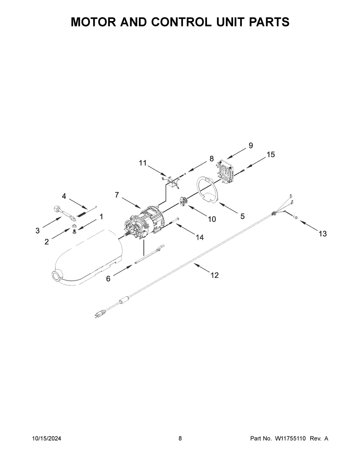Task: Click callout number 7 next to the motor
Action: pos(117,195)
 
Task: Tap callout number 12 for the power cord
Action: pos(214,275)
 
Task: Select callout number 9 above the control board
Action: pos(250,146)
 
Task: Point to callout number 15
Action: pos(271,155)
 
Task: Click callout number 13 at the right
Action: pos(322,234)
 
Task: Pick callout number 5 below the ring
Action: pos(242,216)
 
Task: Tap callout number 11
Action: pos(143,163)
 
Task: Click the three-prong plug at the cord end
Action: pos(99,314)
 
